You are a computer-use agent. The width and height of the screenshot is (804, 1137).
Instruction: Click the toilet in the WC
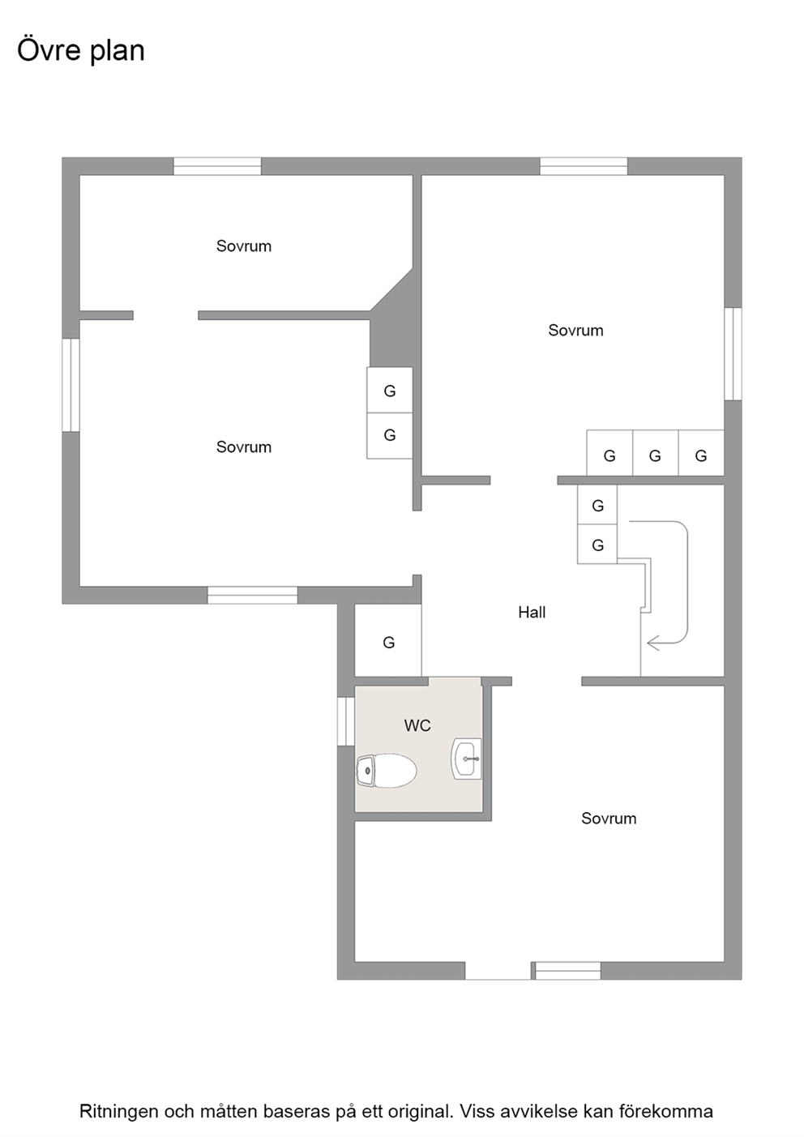pyautogui.click(x=387, y=771)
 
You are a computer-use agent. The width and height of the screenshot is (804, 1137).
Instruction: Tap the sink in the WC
pyautogui.click(x=466, y=759)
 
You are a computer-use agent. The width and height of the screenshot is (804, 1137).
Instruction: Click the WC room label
pyautogui.click(x=417, y=725)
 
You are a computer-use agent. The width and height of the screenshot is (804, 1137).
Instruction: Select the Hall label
pyautogui.click(x=532, y=612)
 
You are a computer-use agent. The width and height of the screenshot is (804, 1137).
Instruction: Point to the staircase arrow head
pyautogui.click(x=653, y=644)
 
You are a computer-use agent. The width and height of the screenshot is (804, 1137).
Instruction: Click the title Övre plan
pyautogui.click(x=81, y=51)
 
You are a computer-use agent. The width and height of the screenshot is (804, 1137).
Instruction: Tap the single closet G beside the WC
pyautogui.click(x=388, y=641)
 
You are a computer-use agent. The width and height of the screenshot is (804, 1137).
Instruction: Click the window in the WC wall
pyautogui.click(x=345, y=721)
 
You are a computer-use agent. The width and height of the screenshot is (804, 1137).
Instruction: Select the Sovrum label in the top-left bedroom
pyautogui.click(x=244, y=246)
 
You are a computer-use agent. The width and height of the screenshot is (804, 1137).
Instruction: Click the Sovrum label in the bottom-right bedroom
pyautogui.click(x=609, y=819)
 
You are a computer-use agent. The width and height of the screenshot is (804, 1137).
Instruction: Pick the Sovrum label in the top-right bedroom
pyautogui.click(x=575, y=331)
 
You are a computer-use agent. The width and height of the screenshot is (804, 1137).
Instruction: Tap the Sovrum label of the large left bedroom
pyautogui.click(x=244, y=447)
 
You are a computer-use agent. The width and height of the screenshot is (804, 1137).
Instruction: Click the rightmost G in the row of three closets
pyautogui.click(x=701, y=453)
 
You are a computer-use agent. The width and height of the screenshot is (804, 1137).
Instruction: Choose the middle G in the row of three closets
pyautogui.click(x=656, y=453)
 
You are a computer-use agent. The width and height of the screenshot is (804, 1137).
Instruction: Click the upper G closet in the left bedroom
pyautogui.click(x=389, y=390)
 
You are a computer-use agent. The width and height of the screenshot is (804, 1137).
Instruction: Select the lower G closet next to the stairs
pyautogui.click(x=597, y=544)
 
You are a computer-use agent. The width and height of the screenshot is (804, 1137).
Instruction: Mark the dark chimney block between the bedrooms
pyautogui.click(x=396, y=325)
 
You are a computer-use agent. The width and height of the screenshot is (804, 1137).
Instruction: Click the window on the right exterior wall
pyautogui.click(x=733, y=354)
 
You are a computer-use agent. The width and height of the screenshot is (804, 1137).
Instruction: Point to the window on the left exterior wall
pyautogui.click(x=71, y=385)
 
